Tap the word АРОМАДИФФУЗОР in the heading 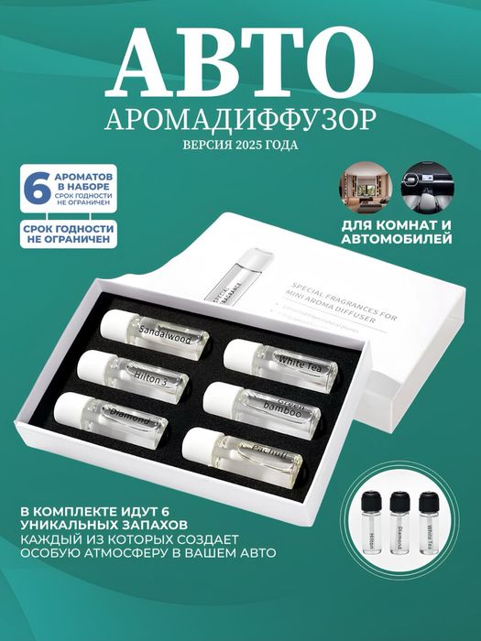(240, 118)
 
